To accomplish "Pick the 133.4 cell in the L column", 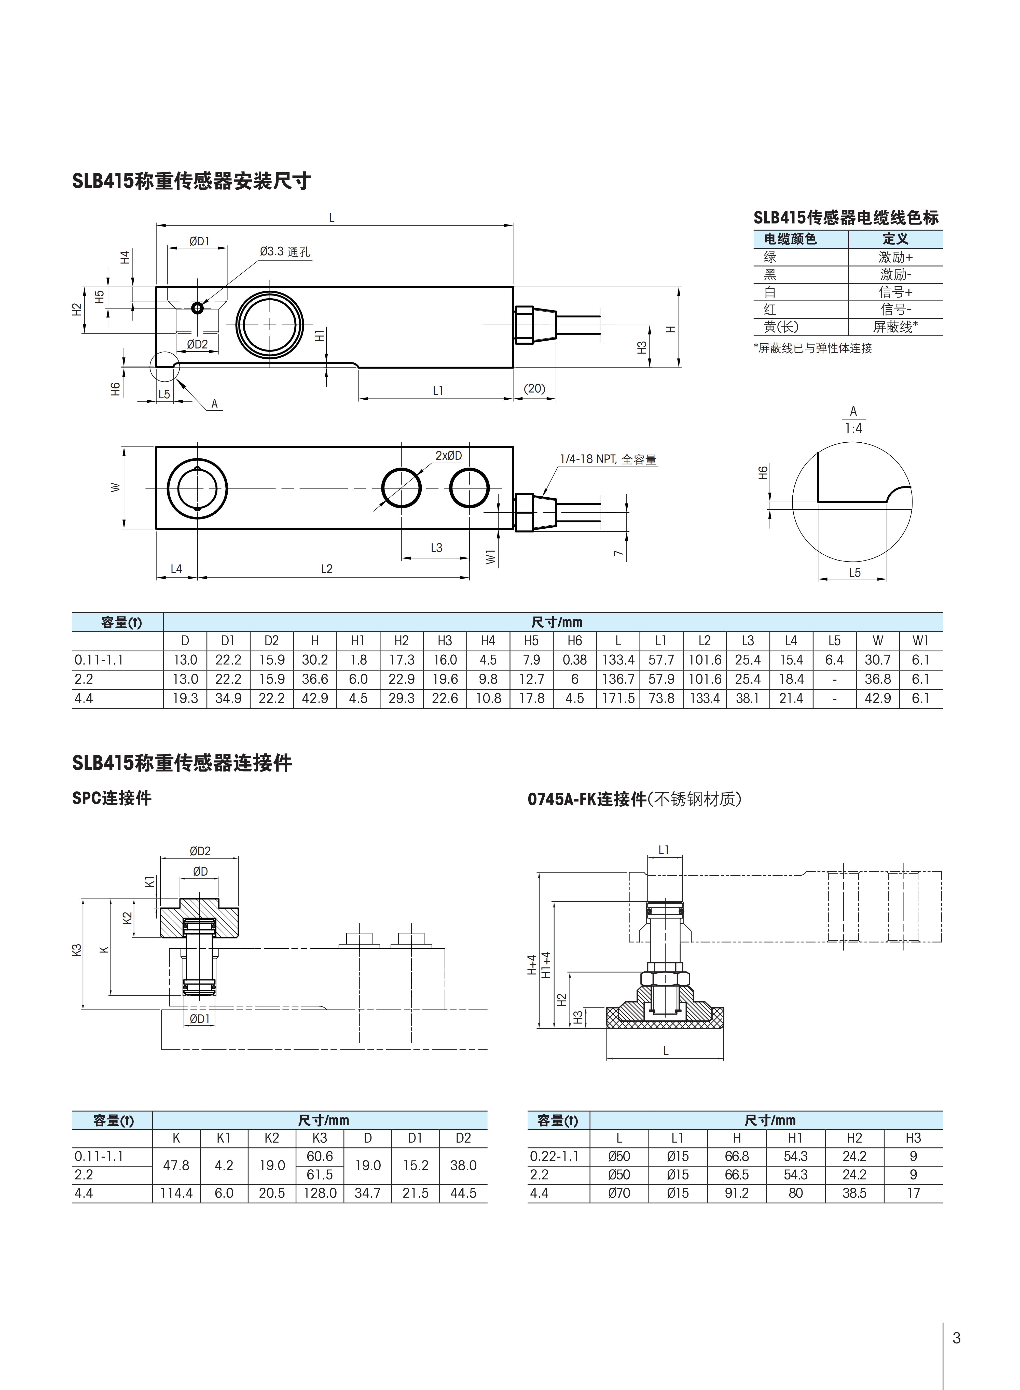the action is tap(618, 660).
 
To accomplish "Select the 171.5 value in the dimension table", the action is tap(618, 698).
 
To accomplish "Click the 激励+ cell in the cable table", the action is tap(895, 257).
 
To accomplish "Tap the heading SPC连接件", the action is tap(112, 798).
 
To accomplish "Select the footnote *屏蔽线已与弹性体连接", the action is tap(812, 348).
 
